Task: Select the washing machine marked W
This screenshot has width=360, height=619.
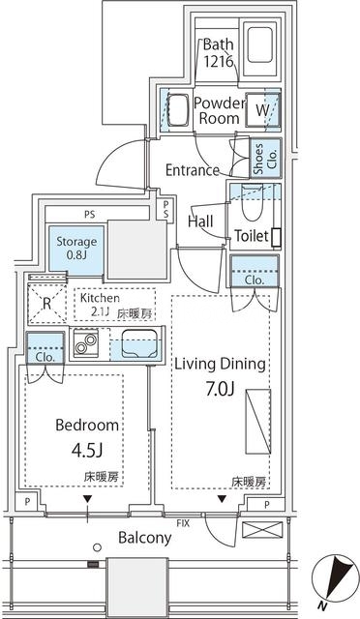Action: (x=262, y=110)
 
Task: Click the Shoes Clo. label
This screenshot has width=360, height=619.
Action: (x=265, y=159)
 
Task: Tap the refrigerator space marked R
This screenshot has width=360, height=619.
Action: (x=46, y=304)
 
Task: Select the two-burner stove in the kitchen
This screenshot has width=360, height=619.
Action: (x=86, y=343)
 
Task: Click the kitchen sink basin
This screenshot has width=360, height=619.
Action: (x=138, y=343)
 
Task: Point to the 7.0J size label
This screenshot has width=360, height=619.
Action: (x=220, y=389)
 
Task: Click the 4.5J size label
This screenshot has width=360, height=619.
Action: (x=87, y=450)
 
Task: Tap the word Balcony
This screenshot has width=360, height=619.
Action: (x=145, y=538)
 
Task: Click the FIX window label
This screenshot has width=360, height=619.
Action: (x=183, y=523)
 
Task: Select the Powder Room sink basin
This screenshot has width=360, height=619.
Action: (x=178, y=109)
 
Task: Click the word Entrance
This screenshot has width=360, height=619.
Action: (x=193, y=170)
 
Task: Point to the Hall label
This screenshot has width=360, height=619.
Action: (x=200, y=221)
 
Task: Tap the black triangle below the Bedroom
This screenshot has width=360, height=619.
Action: (x=87, y=499)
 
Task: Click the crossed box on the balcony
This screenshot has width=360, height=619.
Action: (x=262, y=529)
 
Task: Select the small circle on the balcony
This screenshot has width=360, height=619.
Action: (x=97, y=547)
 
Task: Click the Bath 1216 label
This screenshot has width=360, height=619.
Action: (x=218, y=53)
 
